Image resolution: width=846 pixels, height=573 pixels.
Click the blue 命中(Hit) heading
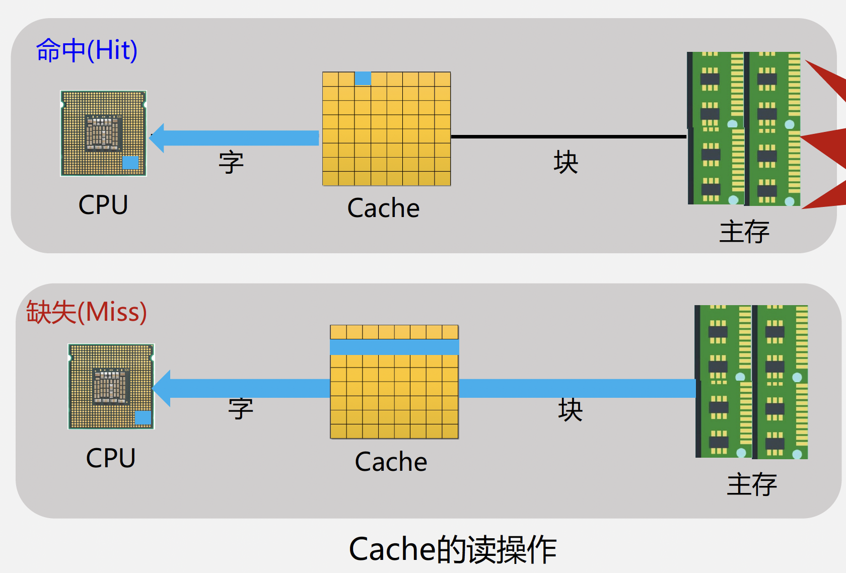(87, 50)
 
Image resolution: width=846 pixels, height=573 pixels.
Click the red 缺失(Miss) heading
(87, 312)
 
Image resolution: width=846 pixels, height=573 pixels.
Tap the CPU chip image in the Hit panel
(103, 133)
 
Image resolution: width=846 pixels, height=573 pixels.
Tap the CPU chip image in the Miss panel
(111, 387)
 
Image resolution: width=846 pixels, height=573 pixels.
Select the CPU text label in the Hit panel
(103, 205)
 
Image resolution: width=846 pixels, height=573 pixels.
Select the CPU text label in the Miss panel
(111, 458)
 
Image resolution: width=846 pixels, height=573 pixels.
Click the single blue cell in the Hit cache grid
(363, 79)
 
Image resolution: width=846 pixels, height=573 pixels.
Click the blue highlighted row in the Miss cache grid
(394, 347)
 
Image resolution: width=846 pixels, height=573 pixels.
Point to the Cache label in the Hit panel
(383, 208)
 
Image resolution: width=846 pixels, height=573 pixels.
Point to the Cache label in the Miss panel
(391, 462)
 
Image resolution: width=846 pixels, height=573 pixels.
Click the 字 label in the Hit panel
(231, 162)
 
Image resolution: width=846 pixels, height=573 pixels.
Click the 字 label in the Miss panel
(241, 408)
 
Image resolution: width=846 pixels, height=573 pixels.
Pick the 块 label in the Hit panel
(566, 162)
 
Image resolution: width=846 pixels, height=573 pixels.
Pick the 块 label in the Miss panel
(570, 410)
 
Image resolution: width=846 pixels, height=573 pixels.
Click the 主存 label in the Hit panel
(744, 232)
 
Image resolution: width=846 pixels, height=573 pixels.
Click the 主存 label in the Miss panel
(752, 484)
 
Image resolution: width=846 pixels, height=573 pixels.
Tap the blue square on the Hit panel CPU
(130, 162)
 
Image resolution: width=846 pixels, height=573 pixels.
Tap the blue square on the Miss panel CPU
(143, 417)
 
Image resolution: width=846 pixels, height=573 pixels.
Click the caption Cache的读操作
(453, 549)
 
